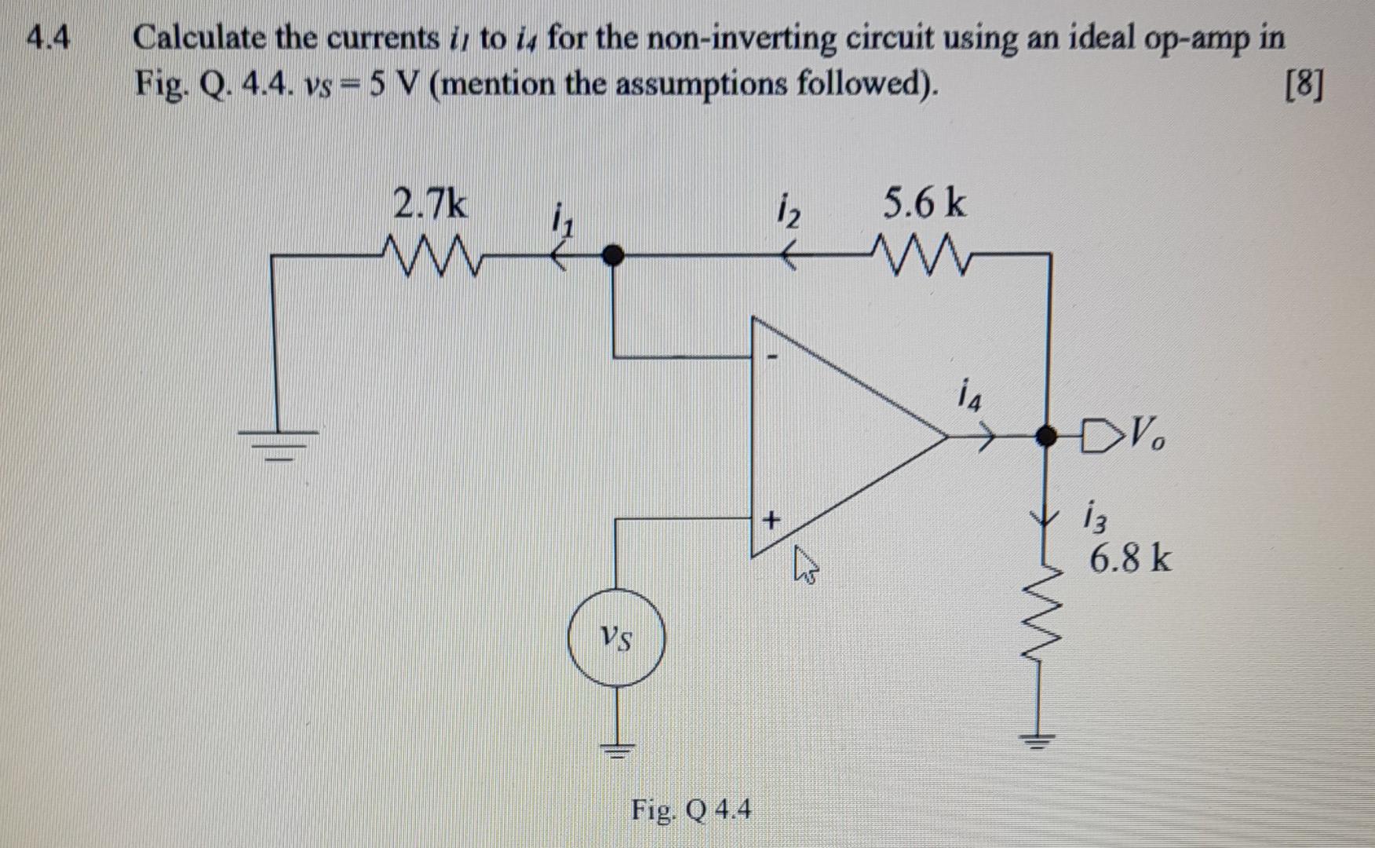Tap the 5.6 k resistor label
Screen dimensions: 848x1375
click(925, 204)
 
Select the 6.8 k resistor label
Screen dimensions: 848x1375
click(1129, 559)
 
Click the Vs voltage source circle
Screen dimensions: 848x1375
click(616, 638)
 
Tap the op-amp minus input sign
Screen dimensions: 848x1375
click(772, 357)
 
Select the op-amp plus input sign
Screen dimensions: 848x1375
click(772, 519)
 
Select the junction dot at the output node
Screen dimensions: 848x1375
click(1045, 435)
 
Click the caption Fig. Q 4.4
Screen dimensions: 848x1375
click(691, 809)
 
